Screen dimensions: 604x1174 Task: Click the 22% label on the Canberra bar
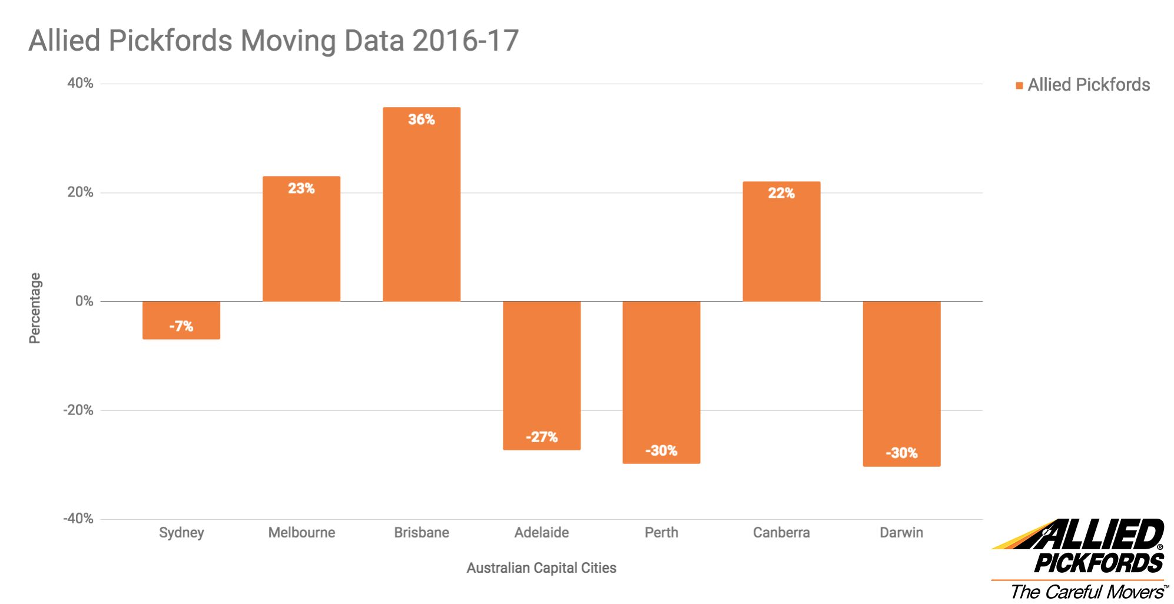(781, 193)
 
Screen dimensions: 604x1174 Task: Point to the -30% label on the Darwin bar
(901, 453)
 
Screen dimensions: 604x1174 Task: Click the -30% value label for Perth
(661, 451)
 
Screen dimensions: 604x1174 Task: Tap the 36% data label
(422, 120)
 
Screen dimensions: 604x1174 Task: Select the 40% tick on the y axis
(80, 83)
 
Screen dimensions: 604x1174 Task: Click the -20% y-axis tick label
(78, 410)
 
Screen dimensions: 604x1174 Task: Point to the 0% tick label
(84, 301)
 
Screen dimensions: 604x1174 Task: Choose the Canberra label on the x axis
(781, 533)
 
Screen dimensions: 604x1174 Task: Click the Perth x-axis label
(661, 533)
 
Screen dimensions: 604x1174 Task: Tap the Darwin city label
(901, 533)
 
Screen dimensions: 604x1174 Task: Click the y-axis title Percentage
(35, 308)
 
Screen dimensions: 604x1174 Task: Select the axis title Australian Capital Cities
(541, 568)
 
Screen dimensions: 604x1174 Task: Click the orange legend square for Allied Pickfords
(1019, 86)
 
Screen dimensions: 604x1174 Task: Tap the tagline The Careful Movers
(1087, 591)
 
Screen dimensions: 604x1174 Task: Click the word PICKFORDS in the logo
(1099, 563)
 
